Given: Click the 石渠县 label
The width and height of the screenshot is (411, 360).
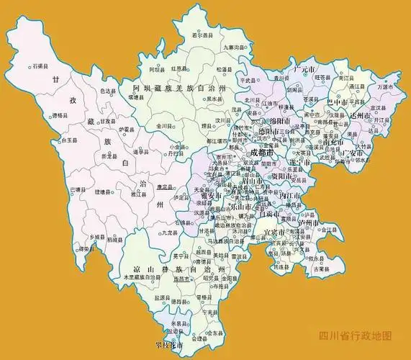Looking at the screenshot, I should tap(40, 67).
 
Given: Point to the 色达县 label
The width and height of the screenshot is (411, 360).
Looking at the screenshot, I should tap(107, 91).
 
